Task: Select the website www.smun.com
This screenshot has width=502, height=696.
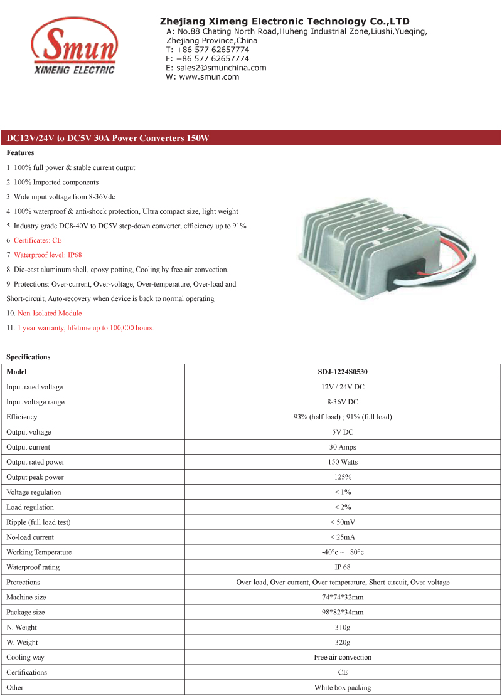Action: pos(209,76)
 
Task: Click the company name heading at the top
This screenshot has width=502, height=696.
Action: pos(284,21)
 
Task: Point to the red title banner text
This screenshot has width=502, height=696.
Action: pos(107,139)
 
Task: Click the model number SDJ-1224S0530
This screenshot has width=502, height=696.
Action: pos(343,372)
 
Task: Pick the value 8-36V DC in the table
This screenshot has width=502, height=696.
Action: pos(343,402)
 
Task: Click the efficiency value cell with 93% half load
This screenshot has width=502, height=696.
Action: pos(343,417)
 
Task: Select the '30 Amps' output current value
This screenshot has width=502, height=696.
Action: pos(343,447)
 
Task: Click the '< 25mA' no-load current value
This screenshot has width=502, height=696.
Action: pos(343,537)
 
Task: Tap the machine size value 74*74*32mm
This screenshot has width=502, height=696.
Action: pos(343,598)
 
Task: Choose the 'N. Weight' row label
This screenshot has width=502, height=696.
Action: pos(21,628)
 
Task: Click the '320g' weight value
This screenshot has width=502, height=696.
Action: pos(343,643)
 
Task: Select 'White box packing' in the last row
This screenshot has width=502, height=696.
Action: pos(343,688)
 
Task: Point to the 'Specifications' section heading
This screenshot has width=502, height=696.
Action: pos(28,357)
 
